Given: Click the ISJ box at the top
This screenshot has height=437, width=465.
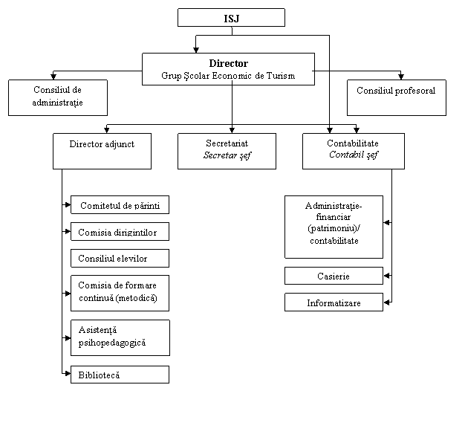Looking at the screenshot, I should click(231, 18).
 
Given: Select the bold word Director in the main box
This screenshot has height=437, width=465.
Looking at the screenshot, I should click(228, 64).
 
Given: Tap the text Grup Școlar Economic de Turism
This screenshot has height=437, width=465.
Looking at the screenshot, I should click(228, 76).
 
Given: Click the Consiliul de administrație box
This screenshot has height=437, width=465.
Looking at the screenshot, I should click(58, 97).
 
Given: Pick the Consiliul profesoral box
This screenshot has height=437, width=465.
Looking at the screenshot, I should click(396, 97).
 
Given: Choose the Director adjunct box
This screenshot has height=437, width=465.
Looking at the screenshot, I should click(102, 151).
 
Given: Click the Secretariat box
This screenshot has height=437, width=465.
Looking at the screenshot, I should click(227, 143).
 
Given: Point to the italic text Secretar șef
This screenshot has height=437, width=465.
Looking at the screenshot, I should click(227, 156).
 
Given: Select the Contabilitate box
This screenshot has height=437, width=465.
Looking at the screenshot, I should click(353, 143).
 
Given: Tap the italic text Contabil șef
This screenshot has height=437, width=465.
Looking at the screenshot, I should click(353, 155).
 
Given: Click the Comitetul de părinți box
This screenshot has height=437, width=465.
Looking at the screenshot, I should click(120, 205).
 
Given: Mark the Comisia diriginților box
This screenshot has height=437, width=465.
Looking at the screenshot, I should click(120, 232).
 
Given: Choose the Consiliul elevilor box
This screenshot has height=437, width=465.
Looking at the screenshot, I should click(120, 258).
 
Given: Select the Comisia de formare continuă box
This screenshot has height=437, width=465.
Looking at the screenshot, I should click(120, 293).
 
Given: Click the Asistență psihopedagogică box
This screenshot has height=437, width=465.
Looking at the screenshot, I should click(120, 337).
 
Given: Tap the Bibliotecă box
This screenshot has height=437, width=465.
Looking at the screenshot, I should click(120, 375).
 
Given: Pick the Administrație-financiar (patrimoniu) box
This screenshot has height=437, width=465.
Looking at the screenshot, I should click(334, 226).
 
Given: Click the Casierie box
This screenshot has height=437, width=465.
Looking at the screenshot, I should click(334, 276).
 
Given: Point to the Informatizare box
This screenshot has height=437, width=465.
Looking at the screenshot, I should click(334, 302).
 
